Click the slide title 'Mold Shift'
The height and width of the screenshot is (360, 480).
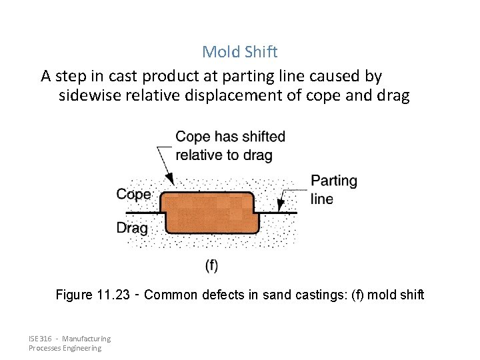pyautogui.click(x=240, y=51)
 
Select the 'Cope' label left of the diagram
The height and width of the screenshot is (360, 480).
pyautogui.click(x=134, y=195)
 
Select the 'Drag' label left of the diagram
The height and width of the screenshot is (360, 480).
pyautogui.click(x=132, y=227)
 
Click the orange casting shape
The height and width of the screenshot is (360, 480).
pyautogui.click(x=211, y=213)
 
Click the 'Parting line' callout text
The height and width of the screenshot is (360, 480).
pyautogui.click(x=334, y=189)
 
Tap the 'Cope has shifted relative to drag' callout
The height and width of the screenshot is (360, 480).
pyautogui.click(x=230, y=145)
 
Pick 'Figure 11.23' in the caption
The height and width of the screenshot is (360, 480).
pyautogui.click(x=93, y=294)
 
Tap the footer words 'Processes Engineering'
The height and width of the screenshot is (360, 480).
pyautogui.click(x=65, y=348)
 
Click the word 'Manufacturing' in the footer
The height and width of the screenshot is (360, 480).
pyautogui.click(x=87, y=339)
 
